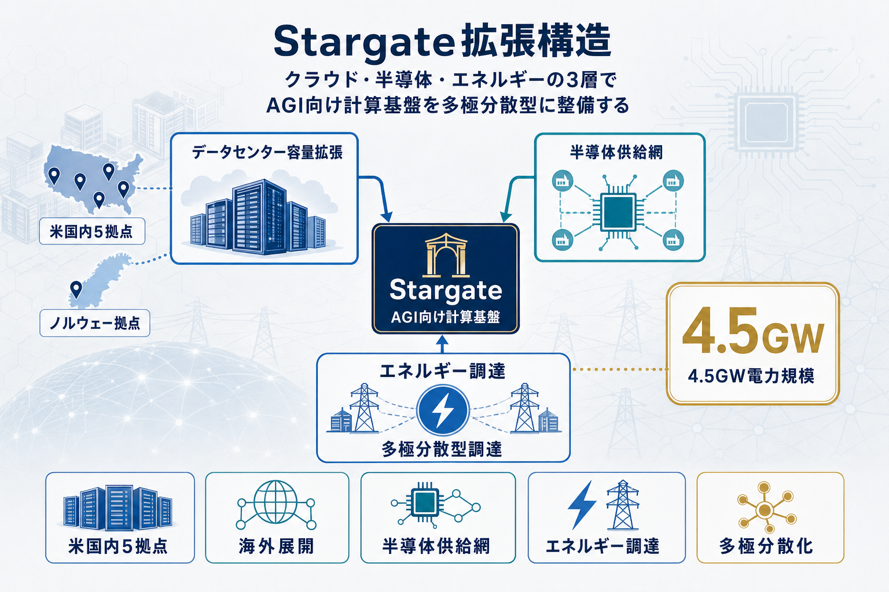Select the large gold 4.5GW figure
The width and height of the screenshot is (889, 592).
[752, 332]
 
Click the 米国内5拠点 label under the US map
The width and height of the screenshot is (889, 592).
[91, 232]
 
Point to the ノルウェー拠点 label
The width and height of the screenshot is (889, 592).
[95, 323]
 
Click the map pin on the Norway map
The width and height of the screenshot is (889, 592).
[76, 288]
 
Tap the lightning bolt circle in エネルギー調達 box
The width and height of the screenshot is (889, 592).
[443, 410]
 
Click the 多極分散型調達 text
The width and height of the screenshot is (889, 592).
[442, 449]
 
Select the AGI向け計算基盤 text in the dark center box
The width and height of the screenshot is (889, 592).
[445, 317]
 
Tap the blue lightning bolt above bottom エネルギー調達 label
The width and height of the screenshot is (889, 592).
[582, 504]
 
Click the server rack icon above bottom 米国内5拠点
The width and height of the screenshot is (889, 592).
[118, 508]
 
